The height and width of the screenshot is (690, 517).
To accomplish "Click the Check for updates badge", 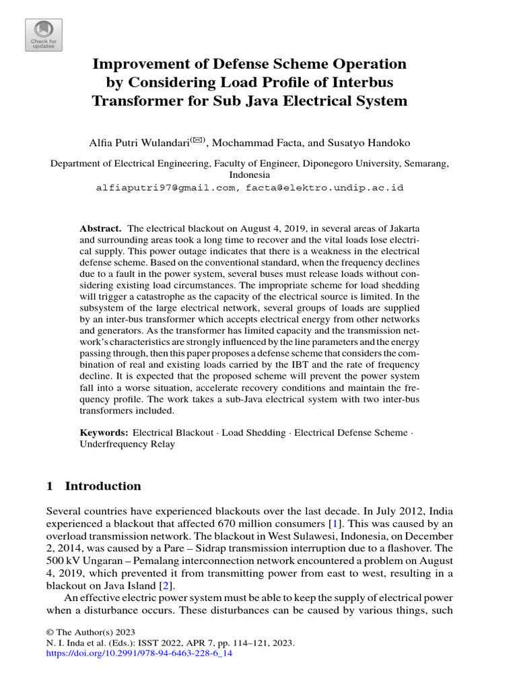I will [44, 35].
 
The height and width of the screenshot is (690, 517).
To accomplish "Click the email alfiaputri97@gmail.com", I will [166, 188].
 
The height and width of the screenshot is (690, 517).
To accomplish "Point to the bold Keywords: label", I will [104, 433].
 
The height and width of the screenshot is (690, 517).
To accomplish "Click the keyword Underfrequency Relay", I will [127, 445].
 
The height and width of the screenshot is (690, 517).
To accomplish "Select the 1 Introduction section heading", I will [94, 487].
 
